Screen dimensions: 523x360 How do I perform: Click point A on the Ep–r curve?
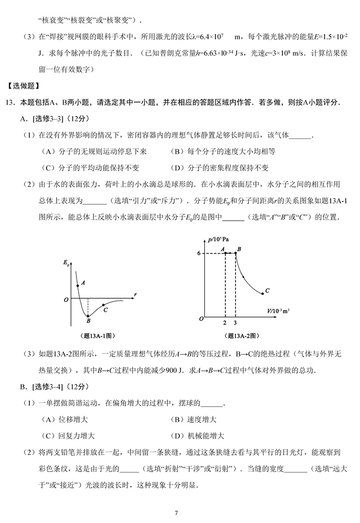click(78, 286)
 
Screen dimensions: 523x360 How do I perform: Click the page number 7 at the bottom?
click(176, 513)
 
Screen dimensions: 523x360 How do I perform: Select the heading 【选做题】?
click(23, 86)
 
